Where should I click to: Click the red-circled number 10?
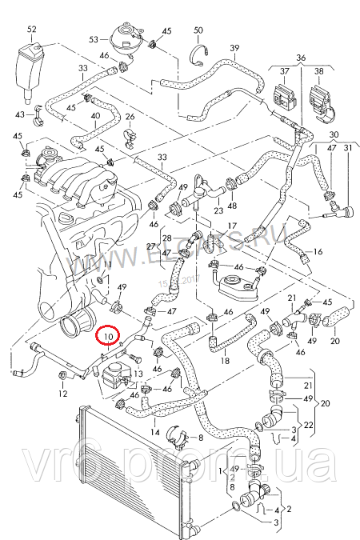(107, 337)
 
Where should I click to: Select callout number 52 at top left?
(32, 30)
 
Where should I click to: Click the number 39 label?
(235, 49)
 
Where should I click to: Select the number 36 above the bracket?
(301, 58)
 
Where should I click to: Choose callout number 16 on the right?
(318, 252)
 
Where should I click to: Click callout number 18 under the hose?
(226, 362)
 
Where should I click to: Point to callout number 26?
(130, 118)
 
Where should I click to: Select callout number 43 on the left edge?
(20, 115)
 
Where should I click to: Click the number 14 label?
(154, 432)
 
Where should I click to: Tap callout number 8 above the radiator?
(200, 438)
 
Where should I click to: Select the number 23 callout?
(218, 210)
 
